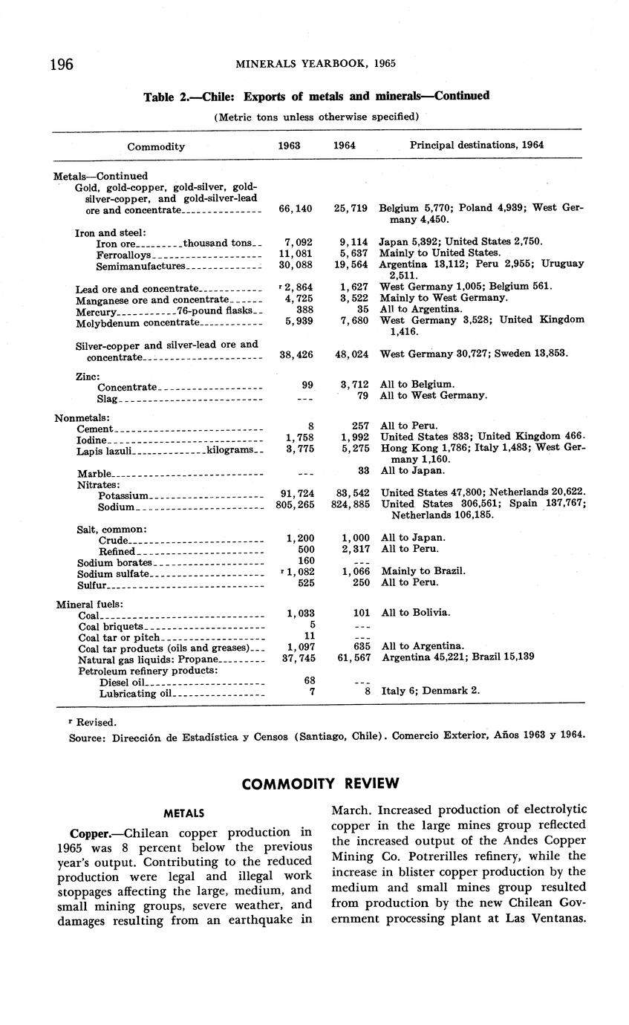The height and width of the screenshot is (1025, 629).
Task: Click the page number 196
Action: (x=62, y=65)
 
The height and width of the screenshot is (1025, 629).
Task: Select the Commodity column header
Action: (x=156, y=146)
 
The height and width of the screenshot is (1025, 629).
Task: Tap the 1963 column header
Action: (x=289, y=146)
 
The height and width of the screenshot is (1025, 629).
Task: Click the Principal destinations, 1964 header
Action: (x=477, y=146)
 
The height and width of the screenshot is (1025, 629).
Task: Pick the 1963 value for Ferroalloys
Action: (x=298, y=253)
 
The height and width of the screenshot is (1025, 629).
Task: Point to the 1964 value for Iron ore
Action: (x=353, y=241)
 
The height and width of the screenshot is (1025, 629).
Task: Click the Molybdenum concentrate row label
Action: (x=138, y=322)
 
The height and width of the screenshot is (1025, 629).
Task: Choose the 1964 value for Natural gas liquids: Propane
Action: (x=353, y=657)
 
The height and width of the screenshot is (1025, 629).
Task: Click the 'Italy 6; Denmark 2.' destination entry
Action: (x=431, y=691)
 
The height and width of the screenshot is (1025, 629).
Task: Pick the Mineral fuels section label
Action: (x=89, y=605)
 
